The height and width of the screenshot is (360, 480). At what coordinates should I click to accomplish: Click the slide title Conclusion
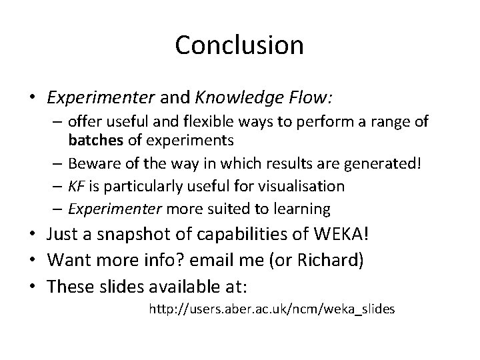[239, 45]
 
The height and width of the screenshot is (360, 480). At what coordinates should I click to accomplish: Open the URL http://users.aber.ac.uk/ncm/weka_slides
[271, 309]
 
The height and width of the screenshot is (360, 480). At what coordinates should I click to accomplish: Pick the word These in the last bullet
[71, 285]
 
